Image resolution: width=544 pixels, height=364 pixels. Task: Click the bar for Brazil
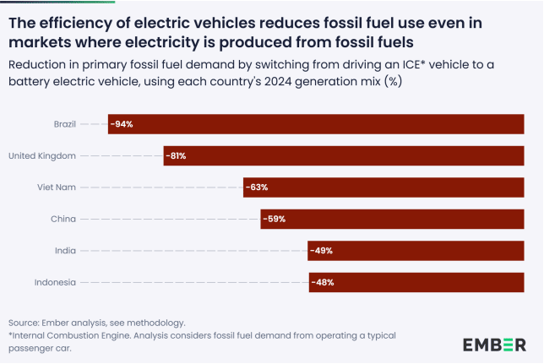pos(316,124)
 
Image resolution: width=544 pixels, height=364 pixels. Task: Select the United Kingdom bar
pos(344,156)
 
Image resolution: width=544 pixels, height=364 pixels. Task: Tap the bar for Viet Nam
pos(384,187)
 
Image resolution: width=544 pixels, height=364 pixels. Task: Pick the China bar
pos(392,219)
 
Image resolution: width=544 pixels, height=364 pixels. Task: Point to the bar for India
pos(416,251)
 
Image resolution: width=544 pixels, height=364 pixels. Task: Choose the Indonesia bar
pos(416,282)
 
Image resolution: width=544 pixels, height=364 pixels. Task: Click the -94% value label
pos(122,124)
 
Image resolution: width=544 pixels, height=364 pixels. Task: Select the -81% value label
pos(177,156)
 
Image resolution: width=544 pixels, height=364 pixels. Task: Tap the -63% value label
pos(257,187)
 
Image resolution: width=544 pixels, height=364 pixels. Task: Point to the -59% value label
pos(274,219)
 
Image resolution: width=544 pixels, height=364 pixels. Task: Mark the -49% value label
pos(322,251)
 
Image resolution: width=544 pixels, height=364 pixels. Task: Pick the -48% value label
pos(323,282)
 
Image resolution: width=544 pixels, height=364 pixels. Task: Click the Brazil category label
pos(64,124)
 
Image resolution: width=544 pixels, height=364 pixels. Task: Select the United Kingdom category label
pos(42,156)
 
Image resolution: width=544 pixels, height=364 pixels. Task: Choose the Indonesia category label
pos(55,282)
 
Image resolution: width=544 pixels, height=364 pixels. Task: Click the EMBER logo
pos(494,344)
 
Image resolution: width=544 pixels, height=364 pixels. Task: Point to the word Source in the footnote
pos(24,323)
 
